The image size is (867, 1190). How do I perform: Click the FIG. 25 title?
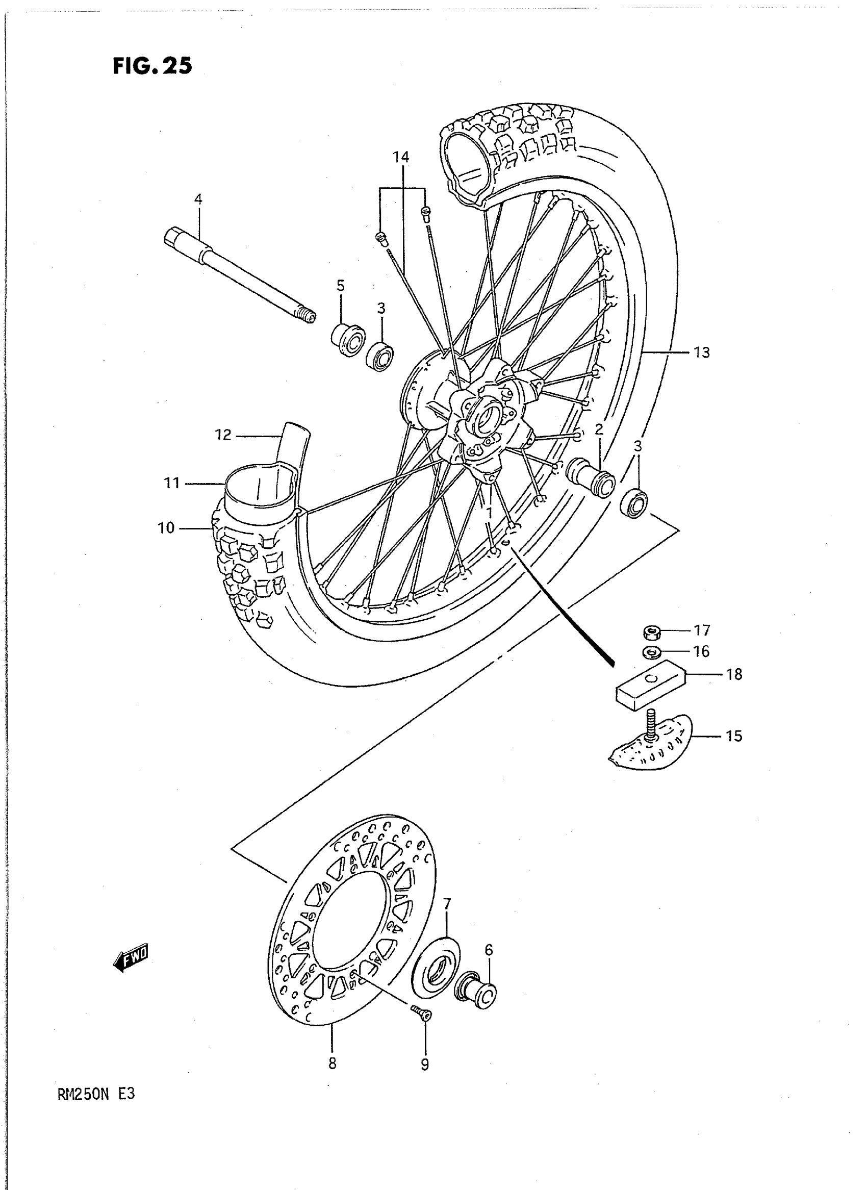pos(152,66)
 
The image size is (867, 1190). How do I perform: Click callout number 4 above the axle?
pos(198,199)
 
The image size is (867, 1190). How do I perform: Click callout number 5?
pos(341,286)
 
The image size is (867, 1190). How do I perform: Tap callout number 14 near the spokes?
pos(401,157)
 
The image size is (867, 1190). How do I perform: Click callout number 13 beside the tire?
pos(702,353)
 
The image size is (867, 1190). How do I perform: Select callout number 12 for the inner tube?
pos(223,435)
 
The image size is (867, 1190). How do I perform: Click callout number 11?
pos(172,483)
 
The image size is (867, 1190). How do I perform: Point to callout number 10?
pos(166,528)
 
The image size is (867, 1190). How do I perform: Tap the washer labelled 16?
pos(651,652)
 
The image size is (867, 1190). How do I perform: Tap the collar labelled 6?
pos(479,992)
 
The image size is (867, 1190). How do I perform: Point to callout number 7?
pos(447,904)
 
